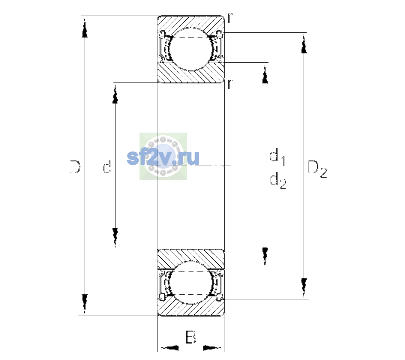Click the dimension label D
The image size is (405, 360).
tap(75, 167)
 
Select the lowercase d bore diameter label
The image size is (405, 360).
tap(107, 166)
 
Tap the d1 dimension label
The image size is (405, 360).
tap(277, 157)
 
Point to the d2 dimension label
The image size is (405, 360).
tap(278, 181)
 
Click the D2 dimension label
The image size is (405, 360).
tap(317, 169)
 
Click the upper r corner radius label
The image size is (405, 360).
tap(230, 18)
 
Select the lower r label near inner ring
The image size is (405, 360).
tap(230, 84)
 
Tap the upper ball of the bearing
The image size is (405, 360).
tap(191, 49)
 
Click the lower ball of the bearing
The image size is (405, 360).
tap(191, 283)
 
